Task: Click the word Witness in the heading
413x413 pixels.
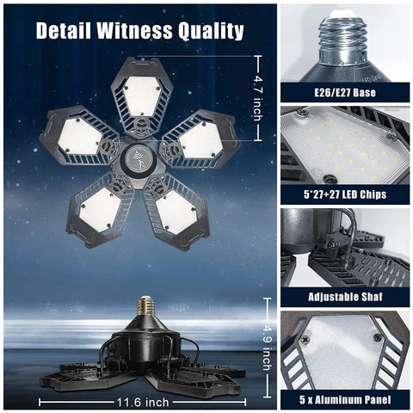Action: (x=135, y=30)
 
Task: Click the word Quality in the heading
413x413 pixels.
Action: (x=211, y=31)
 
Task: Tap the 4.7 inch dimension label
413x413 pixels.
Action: (x=258, y=98)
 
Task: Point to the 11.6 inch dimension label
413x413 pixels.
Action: (x=143, y=403)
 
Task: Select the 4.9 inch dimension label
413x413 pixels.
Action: (x=267, y=347)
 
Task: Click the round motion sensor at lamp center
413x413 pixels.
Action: (x=139, y=158)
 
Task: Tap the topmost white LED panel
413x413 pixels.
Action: (x=142, y=96)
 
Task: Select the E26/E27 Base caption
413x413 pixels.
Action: (x=345, y=93)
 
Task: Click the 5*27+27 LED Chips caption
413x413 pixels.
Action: (x=345, y=194)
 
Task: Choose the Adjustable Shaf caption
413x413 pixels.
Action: (x=345, y=297)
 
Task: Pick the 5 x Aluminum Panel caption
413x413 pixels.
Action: (x=345, y=399)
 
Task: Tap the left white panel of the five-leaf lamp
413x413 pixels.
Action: (x=80, y=137)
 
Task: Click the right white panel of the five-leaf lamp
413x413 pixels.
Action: (x=200, y=140)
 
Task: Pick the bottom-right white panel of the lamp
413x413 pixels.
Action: (x=176, y=212)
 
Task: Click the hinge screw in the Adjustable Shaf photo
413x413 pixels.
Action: (x=334, y=245)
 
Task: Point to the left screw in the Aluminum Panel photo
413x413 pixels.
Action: (x=305, y=339)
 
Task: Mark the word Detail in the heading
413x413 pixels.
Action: (x=64, y=30)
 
